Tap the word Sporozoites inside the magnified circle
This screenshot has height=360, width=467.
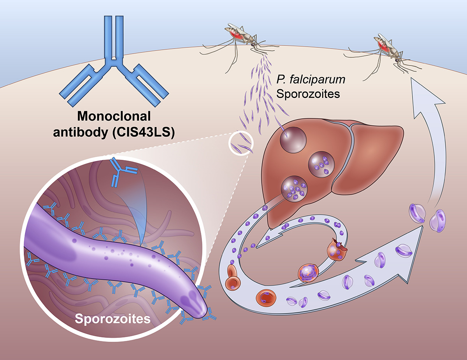pyautogui.click(x=113, y=319)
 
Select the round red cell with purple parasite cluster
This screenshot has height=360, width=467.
pyautogui.click(x=308, y=272)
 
